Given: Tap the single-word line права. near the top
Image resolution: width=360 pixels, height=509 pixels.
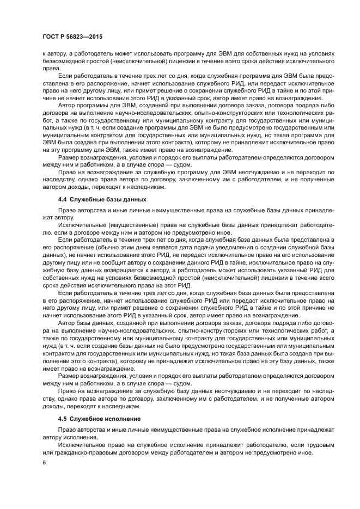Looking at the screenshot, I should tap(51, 69).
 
